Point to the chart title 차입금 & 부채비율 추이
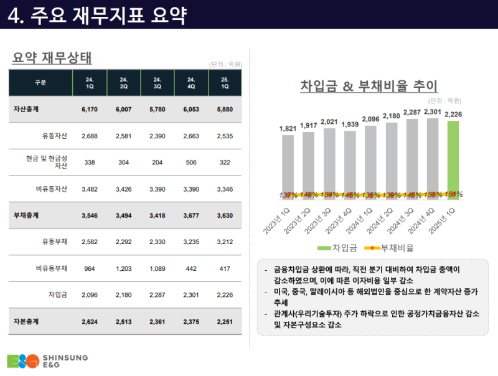click(x=369, y=86)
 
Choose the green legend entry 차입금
click(x=337, y=248)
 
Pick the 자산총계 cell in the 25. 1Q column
click(x=225, y=109)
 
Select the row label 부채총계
click(x=27, y=215)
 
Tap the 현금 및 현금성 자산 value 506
click(x=191, y=162)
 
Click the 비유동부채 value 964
click(x=90, y=268)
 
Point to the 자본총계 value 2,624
click(x=90, y=322)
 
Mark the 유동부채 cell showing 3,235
click(x=191, y=242)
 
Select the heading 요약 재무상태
click(x=52, y=59)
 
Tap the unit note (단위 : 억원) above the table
click(x=225, y=64)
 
